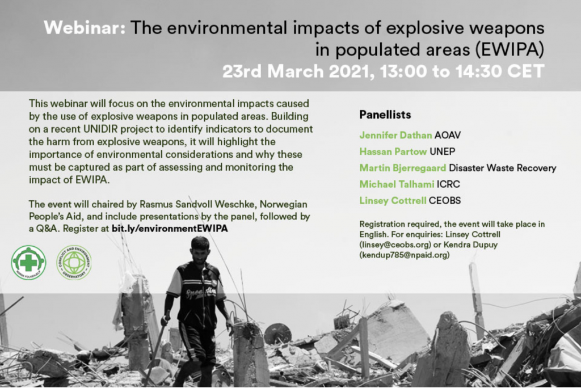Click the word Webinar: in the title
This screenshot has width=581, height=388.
(85, 27)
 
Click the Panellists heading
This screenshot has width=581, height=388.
(385, 115)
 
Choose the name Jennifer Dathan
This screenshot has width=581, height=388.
(395, 135)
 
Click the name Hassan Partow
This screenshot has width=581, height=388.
(393, 151)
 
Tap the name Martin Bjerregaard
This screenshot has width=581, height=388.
(402, 168)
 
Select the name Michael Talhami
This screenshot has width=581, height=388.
(397, 184)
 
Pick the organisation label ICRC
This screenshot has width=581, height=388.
(448, 184)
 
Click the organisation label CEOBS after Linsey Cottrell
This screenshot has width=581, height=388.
(445, 200)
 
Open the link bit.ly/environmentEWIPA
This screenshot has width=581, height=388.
(170, 228)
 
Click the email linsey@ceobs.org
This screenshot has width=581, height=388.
(395, 244)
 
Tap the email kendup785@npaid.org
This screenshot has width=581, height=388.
(404, 255)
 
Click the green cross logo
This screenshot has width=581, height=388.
(28, 263)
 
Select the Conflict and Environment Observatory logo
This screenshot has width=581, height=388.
(74, 263)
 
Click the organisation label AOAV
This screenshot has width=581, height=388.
(448, 135)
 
